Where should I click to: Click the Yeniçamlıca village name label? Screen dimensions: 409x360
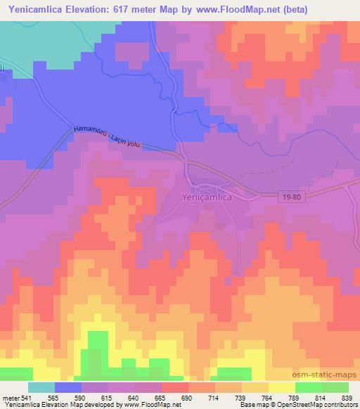[207, 197]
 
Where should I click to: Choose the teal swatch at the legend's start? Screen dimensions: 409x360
[41, 387]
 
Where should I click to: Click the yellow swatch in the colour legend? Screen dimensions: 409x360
[281, 387]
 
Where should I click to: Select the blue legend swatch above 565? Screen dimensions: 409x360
[68, 387]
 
